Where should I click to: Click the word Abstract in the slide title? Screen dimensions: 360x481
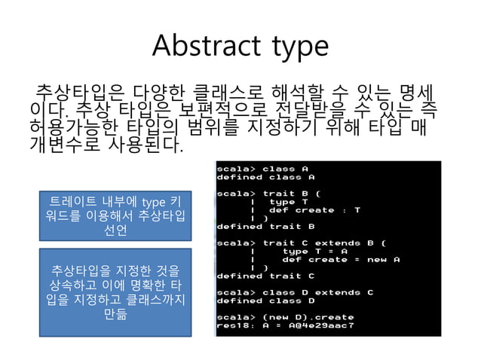(x=198, y=46)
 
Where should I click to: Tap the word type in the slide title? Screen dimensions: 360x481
(x=295, y=47)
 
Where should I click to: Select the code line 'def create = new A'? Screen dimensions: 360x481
(x=340, y=259)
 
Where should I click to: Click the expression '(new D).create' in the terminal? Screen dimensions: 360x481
(x=308, y=318)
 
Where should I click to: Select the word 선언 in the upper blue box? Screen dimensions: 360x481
(x=115, y=230)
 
